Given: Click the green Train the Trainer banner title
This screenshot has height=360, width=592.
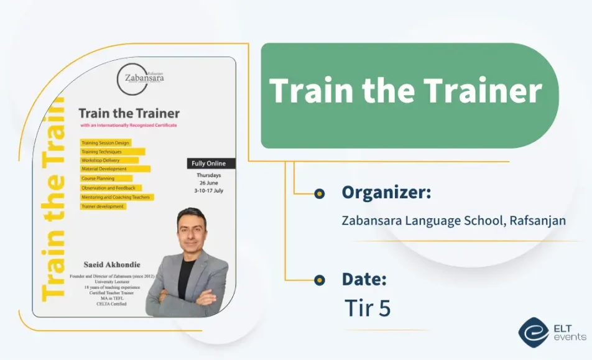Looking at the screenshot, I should [x=406, y=91].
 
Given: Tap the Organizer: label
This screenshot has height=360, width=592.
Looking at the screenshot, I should [x=386, y=193].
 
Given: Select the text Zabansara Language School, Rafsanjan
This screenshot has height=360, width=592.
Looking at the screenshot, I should [x=454, y=221].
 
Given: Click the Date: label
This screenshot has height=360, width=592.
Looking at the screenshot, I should [x=364, y=279].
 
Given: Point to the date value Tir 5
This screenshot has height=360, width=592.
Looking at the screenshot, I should [x=368, y=308].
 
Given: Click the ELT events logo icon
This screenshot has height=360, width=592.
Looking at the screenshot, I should [x=534, y=333].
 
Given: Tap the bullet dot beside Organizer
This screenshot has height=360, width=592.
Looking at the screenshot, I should [x=320, y=193].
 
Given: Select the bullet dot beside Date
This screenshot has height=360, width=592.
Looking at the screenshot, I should [x=320, y=280].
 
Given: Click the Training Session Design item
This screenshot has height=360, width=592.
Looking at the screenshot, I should [x=105, y=143].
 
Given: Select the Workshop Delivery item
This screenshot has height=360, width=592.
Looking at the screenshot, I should [x=100, y=160].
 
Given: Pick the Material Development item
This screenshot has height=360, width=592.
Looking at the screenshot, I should [x=104, y=169].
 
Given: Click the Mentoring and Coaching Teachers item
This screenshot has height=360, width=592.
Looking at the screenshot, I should [x=116, y=196].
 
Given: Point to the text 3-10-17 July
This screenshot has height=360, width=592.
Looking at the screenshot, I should [x=209, y=190].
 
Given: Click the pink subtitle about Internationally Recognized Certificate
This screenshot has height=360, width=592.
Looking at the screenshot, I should [x=128, y=126].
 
